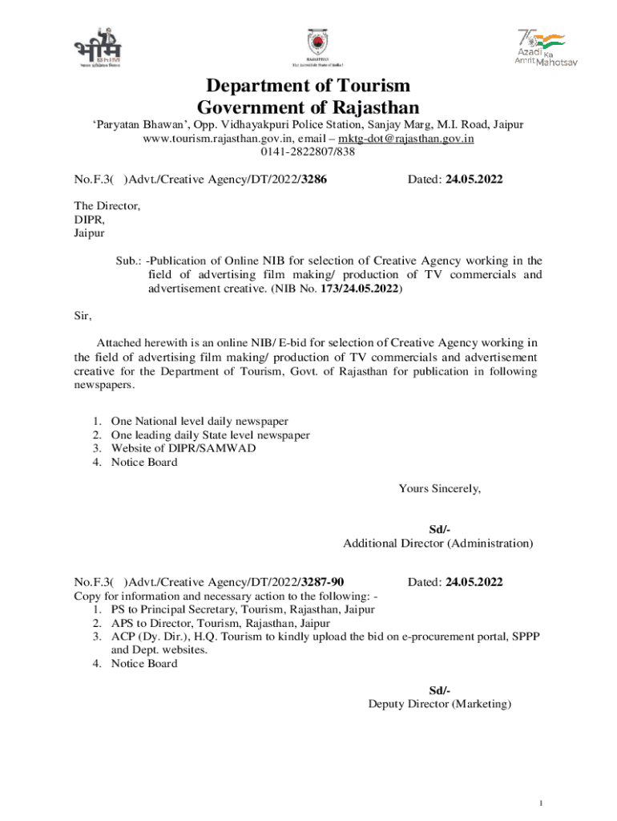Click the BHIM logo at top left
coord(96,49)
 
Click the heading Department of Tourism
coord(308,86)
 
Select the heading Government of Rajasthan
coord(308,107)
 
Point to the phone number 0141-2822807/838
coord(308,152)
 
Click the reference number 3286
coord(312,180)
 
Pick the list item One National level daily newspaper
coord(200,421)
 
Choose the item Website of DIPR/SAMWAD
coord(183,448)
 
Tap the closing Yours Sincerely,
coord(439,489)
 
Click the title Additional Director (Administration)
coord(438,544)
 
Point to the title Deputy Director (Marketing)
coord(439,704)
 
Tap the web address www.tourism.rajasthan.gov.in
coord(216,139)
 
